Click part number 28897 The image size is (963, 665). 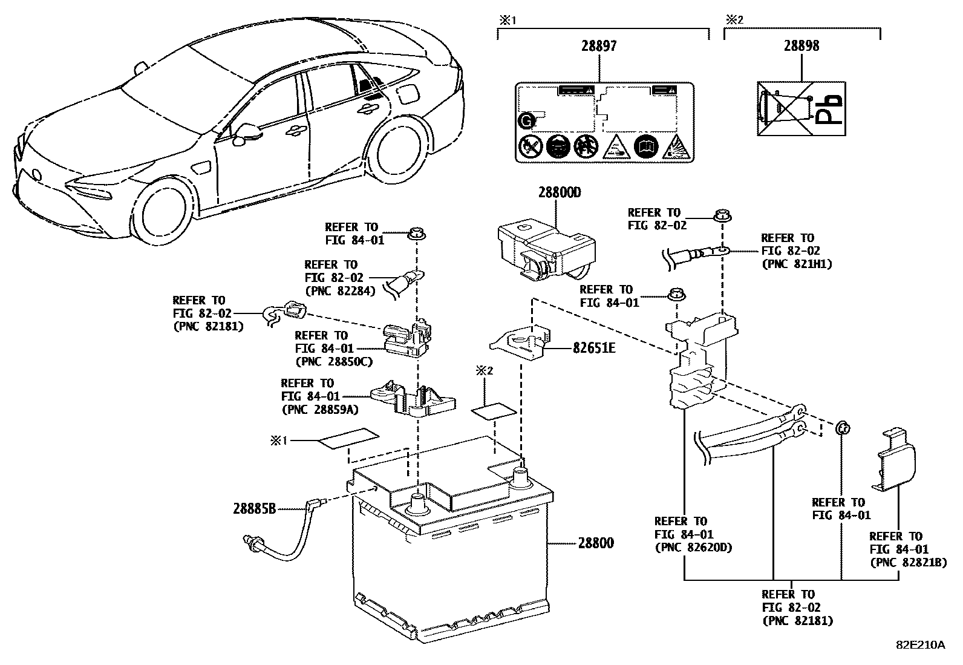coord(600,46)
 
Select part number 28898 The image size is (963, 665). coord(801,46)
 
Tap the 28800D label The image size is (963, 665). coord(560,193)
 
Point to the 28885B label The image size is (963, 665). coord(254,509)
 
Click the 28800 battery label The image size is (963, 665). coord(595,543)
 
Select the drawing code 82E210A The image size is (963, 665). coord(920,645)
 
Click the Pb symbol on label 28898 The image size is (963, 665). coord(828,110)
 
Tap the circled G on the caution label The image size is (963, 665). coord(527,122)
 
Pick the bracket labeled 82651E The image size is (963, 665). coord(521,344)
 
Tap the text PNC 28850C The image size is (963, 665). coord(333,362)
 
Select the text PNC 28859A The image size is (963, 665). coord(320,410)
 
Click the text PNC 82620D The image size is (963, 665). coord(693,548)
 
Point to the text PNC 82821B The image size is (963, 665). coord(908,563)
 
